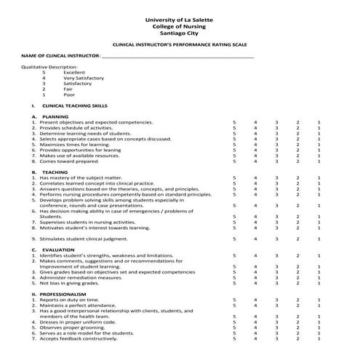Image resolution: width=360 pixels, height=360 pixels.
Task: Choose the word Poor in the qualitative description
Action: point(69,95)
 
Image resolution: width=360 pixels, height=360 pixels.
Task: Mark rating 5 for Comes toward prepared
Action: point(234,161)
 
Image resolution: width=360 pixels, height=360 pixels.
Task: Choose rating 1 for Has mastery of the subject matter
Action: point(319,178)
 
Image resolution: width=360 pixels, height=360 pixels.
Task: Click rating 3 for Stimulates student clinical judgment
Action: point(276,239)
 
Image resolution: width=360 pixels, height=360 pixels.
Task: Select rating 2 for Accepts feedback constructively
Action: point(297,339)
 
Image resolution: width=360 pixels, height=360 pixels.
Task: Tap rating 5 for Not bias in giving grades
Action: point(234,283)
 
